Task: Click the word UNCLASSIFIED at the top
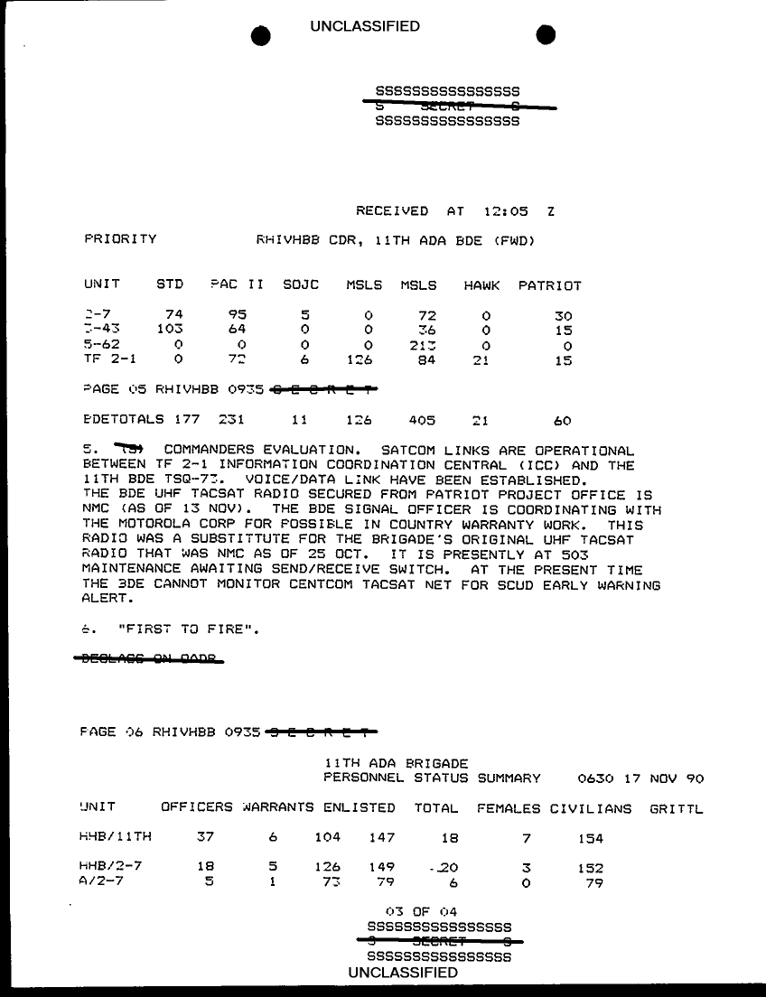click(x=365, y=26)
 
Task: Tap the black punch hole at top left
click(x=261, y=34)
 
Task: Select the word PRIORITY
click(x=120, y=239)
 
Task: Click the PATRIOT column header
click(x=549, y=285)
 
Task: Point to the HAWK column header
click(x=481, y=285)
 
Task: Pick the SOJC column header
click(x=301, y=285)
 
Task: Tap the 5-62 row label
click(x=100, y=346)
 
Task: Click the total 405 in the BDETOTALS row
click(x=422, y=421)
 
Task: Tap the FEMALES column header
click(x=508, y=808)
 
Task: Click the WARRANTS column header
click(x=277, y=808)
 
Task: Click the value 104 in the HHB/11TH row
click(x=327, y=838)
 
